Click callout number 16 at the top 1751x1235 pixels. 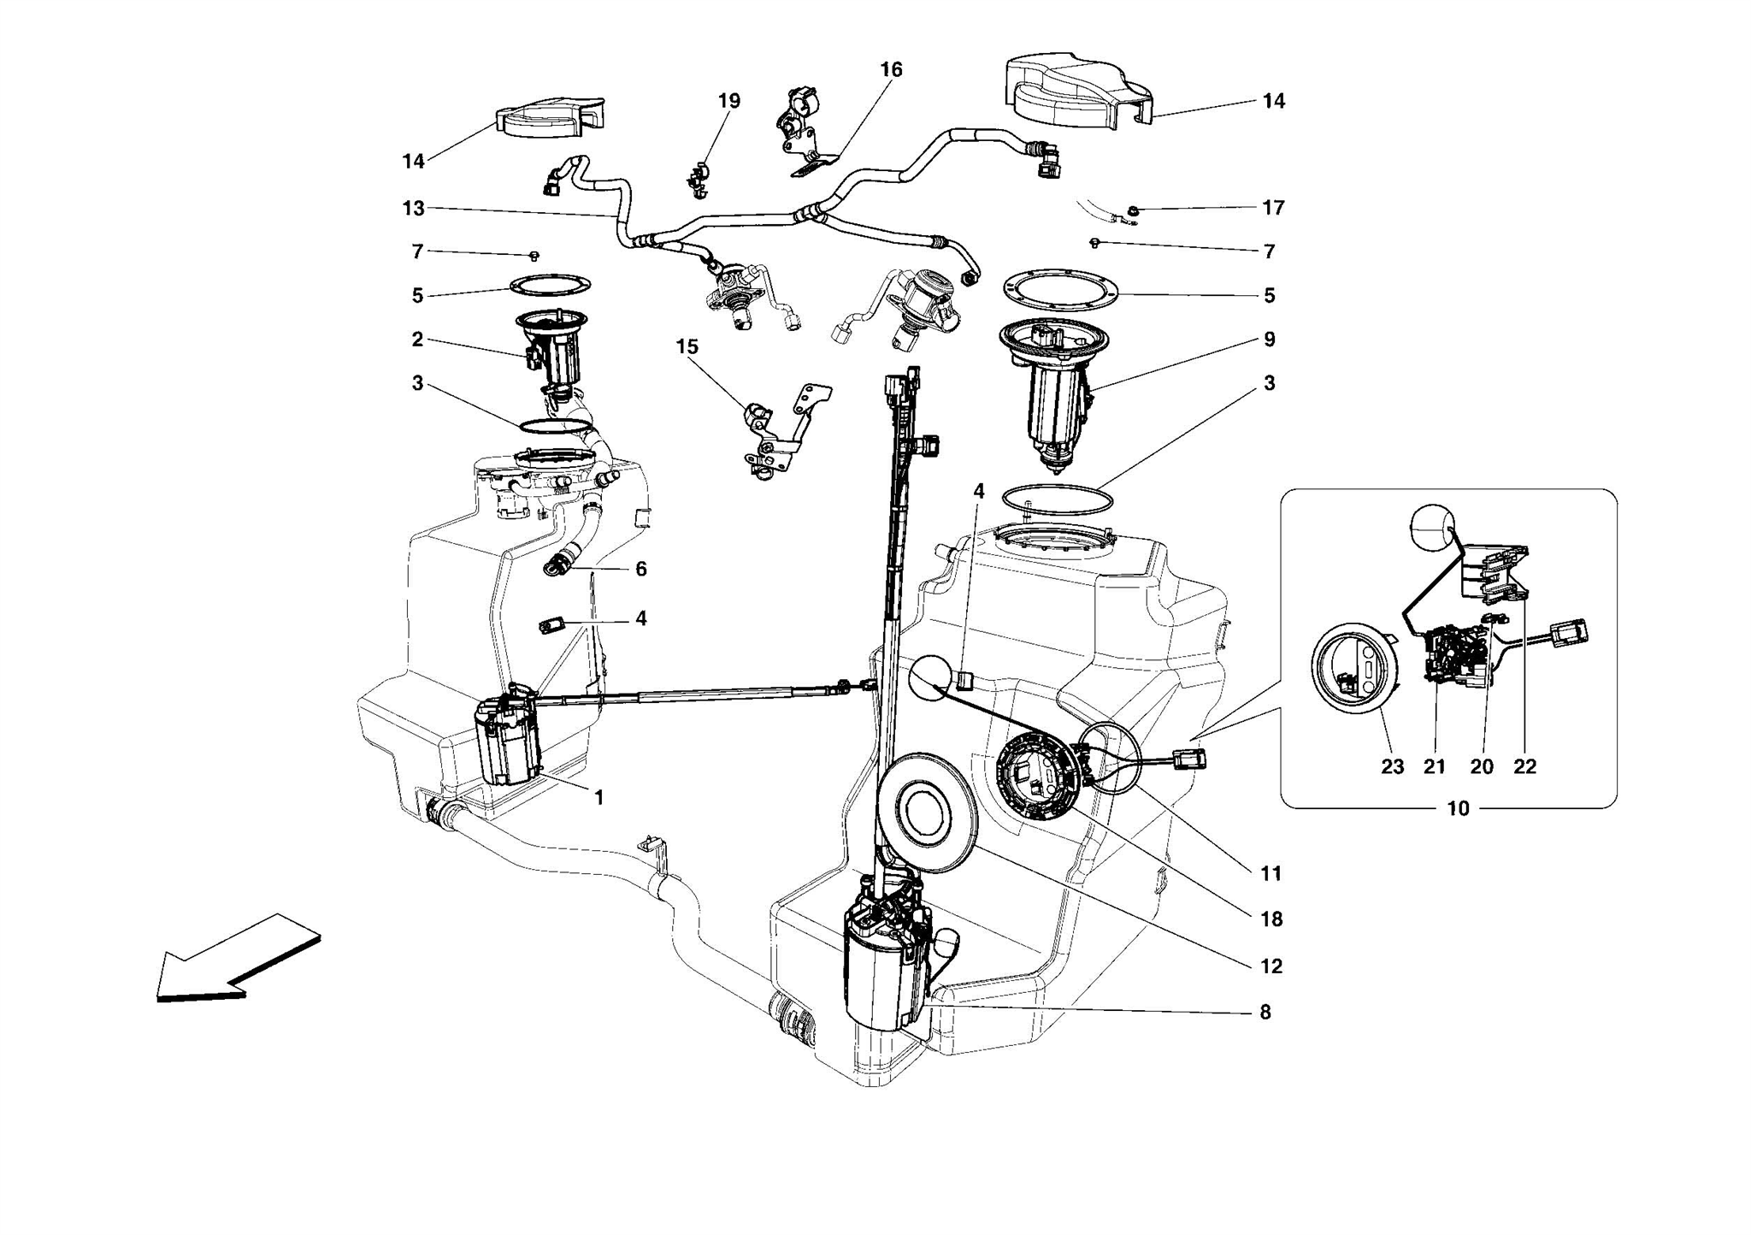pos(891,70)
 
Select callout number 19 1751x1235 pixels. pos(728,101)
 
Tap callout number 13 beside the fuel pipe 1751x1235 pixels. pos(414,208)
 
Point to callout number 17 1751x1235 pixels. pos(1273,208)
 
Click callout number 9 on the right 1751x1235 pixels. pos(1269,340)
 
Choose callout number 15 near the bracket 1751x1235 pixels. pos(687,346)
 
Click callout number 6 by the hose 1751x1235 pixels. pos(641,569)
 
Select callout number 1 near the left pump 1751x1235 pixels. pos(599,797)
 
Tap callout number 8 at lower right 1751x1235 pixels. pos(1265,1012)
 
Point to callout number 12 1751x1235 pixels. pos(1271,966)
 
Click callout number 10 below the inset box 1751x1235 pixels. pos(1458,808)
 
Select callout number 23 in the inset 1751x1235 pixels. pos(1393,766)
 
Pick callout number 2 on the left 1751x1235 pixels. pos(417,340)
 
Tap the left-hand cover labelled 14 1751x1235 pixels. pos(547,121)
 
